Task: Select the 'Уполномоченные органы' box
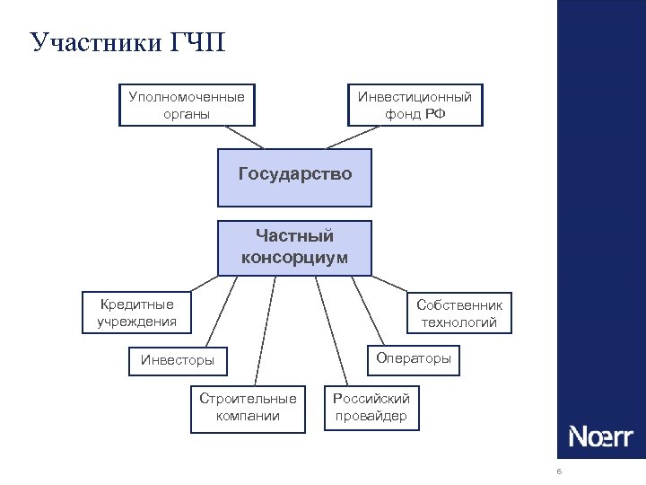[x=187, y=104]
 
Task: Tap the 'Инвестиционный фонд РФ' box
[x=415, y=104]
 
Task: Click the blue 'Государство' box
[x=295, y=174]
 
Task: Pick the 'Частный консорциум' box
[x=294, y=247]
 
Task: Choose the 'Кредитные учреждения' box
[x=136, y=312]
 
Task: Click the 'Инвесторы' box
[x=178, y=360]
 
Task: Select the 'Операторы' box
[x=414, y=358]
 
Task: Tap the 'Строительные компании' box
[x=248, y=407]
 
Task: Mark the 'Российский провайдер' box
[x=371, y=407]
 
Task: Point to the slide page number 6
[x=559, y=472]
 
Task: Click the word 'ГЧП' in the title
[x=196, y=43]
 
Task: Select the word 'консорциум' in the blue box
[x=294, y=258]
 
